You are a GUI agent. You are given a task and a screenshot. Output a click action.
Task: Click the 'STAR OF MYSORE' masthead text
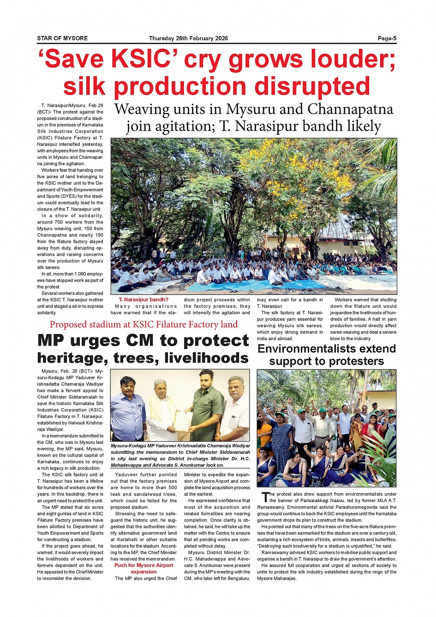click(x=62, y=38)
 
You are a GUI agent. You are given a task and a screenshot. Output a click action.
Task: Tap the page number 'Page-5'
click(x=387, y=38)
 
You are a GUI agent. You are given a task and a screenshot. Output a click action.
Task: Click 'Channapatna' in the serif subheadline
click(x=350, y=109)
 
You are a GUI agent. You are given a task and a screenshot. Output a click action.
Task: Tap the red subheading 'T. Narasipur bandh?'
click(x=143, y=300)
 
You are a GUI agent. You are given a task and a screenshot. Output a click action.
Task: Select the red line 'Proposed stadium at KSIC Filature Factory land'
click(x=143, y=324)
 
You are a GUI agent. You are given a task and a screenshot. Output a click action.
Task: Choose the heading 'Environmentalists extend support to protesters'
click(x=326, y=355)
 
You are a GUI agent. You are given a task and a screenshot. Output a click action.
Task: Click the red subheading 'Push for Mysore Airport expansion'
click(x=143, y=568)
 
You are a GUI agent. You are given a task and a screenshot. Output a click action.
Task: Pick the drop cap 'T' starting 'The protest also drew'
click(x=265, y=497)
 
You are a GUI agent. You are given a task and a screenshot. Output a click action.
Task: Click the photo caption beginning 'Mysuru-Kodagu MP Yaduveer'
click(x=180, y=455)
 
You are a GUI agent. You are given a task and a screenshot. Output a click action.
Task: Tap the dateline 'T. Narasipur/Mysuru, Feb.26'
click(x=72, y=105)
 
